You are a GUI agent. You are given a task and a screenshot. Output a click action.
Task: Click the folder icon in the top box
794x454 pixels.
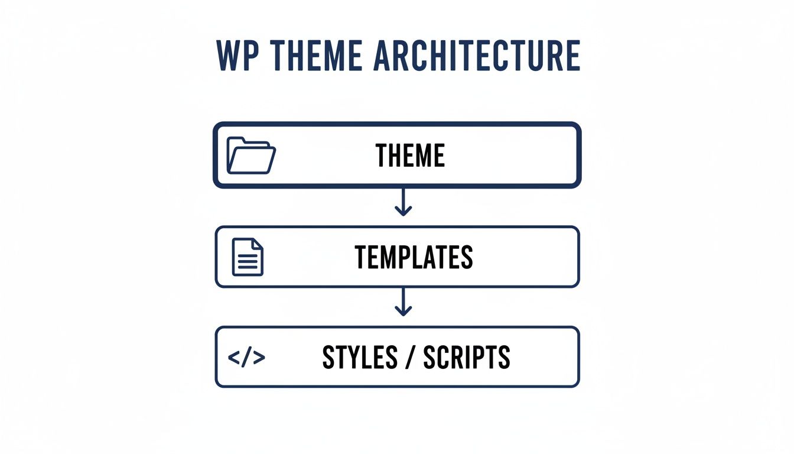point(251,155)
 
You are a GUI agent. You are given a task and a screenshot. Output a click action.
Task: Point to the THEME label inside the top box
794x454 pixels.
point(410,155)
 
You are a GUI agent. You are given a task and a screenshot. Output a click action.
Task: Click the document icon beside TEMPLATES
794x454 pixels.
point(248,257)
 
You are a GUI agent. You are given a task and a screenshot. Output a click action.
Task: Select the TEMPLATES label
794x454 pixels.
point(414,257)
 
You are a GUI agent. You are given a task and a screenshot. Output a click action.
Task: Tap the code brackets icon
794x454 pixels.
point(246,357)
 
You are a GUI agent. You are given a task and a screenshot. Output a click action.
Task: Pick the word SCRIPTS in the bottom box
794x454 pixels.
point(466,357)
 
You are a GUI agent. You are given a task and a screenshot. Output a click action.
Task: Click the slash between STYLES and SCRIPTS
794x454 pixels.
point(407,357)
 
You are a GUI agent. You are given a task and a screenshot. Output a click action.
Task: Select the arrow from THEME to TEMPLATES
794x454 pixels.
point(403,202)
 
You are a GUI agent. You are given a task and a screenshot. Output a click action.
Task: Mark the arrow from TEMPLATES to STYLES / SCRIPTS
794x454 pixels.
point(403,302)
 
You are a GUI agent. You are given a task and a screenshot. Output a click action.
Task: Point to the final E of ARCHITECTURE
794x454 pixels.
point(571,56)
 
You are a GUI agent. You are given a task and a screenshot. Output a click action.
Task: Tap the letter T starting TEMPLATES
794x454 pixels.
point(361,257)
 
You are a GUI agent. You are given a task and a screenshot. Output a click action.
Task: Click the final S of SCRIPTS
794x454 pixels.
point(503,357)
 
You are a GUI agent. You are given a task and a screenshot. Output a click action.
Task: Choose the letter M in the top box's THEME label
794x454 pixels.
point(421,155)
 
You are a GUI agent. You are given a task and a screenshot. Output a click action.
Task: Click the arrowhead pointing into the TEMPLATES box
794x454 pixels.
point(403,211)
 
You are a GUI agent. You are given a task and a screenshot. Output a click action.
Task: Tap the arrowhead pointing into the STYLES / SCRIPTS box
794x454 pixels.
point(403,311)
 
